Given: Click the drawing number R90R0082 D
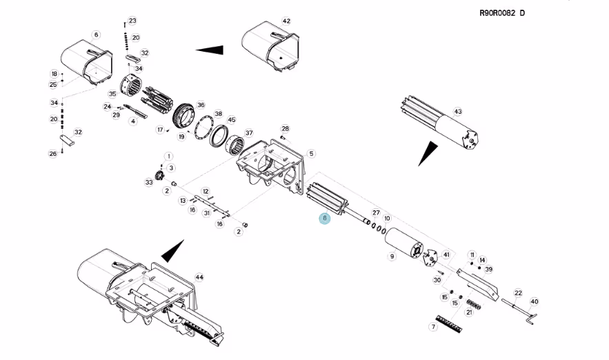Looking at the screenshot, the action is tap(502, 13).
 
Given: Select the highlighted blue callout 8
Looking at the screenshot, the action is tap(325, 218).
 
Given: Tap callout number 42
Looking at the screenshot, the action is tap(286, 21).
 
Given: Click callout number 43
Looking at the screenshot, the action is tap(458, 112).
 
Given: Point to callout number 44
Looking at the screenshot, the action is tap(199, 277).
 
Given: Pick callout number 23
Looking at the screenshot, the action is tap(132, 21).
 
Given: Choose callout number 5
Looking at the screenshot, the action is tap(311, 153).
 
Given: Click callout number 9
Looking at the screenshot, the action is tap(392, 257).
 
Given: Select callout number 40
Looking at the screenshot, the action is tap(535, 302).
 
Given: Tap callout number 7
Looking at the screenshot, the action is tap(433, 327).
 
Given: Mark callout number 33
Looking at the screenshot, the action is tap(149, 182).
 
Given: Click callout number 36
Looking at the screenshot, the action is tap(201, 105).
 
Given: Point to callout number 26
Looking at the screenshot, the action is tap(53, 154).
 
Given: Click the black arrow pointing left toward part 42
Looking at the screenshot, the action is tap(210, 50).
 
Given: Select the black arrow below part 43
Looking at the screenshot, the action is tap(428, 152).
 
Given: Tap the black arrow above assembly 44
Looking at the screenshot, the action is tap(173, 252).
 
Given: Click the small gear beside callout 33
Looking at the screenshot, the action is tap(159, 176).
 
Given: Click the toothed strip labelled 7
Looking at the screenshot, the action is tap(449, 323).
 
